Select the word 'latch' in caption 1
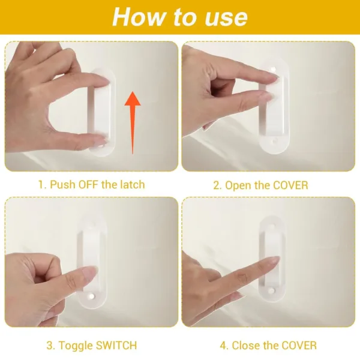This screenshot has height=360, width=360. click(131, 184)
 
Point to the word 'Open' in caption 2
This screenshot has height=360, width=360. click(238, 185)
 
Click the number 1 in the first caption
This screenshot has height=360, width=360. click(41, 184)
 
